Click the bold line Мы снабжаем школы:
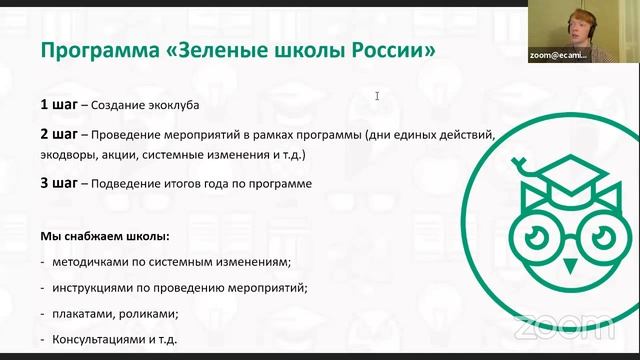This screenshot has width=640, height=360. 104,237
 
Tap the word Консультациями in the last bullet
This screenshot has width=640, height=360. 98,340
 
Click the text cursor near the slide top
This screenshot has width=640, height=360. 377,96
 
